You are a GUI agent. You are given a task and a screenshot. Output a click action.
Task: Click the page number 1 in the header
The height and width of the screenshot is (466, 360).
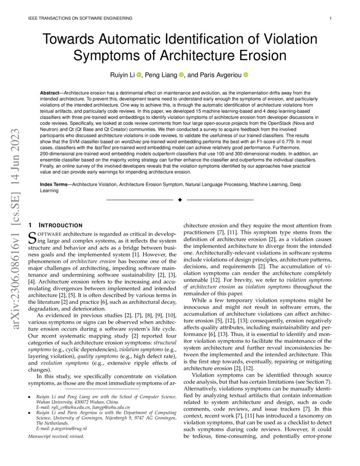[x=330, y=18]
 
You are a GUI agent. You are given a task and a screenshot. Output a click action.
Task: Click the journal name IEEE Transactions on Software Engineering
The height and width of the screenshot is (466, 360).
[x=80, y=18]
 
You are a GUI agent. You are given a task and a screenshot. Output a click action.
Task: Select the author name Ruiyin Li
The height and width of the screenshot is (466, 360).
[x=122, y=75]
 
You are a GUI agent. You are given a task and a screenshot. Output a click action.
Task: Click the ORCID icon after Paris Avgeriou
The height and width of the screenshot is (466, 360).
[x=246, y=75]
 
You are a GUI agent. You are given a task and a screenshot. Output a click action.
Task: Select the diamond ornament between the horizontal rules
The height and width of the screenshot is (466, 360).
[x=180, y=200]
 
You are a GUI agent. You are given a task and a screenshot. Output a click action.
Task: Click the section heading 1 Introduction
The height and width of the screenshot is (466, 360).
[x=55, y=225]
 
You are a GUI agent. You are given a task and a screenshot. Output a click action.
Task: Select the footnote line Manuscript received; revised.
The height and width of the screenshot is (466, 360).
[x=56, y=436]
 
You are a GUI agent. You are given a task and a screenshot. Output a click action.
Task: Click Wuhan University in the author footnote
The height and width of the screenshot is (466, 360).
[x=54, y=402]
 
